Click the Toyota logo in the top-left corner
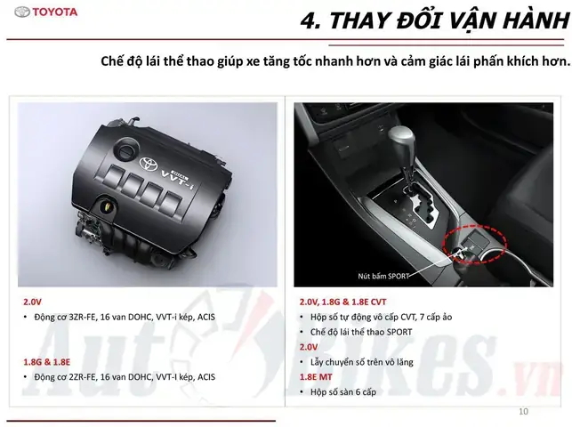46,12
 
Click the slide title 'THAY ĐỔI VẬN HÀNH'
449,20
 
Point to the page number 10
523,411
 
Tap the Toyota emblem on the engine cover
149,163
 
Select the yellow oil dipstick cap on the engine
106,206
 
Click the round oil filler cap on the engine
126,149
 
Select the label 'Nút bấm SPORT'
383,276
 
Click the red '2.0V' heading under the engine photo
32,302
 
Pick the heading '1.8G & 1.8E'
46,362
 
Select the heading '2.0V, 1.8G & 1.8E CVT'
342,302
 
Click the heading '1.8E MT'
316,377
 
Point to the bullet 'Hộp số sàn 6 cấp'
343,392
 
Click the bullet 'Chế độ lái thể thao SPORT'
361,332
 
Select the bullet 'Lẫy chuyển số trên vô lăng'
362,362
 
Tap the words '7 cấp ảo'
436,318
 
